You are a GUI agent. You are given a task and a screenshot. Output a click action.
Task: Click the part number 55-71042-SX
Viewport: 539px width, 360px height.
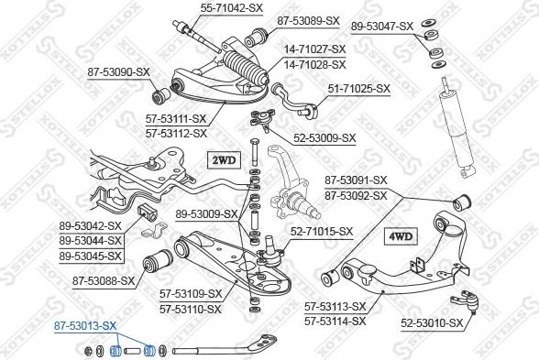232,7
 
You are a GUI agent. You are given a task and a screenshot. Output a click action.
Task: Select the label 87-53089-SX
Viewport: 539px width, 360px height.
308,21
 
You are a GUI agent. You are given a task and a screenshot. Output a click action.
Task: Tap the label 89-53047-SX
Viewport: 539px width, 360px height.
382,27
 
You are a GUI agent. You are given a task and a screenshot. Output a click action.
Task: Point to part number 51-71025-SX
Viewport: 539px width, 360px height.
359,89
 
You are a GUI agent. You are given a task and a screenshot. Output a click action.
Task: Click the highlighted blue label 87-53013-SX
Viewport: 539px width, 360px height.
85,326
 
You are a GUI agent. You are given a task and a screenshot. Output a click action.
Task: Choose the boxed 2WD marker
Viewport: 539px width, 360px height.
225,160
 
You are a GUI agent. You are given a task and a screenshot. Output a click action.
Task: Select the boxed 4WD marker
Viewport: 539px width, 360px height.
401,236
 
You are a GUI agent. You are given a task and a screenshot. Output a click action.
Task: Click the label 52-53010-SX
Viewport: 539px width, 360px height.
432,323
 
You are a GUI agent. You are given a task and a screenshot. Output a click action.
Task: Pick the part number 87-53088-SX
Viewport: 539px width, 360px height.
104,281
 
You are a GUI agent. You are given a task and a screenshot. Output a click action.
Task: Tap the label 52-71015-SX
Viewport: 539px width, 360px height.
322,231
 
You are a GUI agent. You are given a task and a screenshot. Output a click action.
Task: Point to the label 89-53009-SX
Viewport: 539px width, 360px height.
206,214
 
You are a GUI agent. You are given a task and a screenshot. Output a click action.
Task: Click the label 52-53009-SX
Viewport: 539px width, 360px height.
324,138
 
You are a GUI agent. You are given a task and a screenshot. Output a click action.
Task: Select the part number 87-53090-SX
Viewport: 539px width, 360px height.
118,72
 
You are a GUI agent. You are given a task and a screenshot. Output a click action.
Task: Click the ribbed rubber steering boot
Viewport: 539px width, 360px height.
246,68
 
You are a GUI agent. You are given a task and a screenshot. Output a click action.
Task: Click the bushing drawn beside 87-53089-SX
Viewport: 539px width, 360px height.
256,37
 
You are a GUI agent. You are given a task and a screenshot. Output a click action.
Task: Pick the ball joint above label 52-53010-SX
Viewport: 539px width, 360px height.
466,301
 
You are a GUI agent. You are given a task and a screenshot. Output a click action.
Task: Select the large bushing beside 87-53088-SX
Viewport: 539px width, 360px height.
158,260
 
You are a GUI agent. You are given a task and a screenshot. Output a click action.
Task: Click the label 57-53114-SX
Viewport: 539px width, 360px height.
335,322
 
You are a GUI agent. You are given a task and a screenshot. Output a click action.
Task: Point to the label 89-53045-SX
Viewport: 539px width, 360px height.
91,256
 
